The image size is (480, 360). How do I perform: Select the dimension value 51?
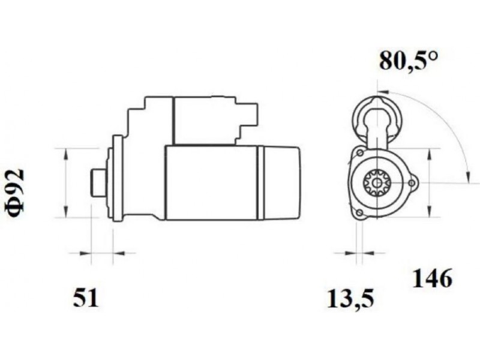(86, 298)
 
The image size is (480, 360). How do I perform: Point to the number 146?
(432, 278)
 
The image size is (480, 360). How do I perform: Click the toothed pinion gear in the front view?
(377, 183)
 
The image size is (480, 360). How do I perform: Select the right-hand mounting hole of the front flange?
(412, 183)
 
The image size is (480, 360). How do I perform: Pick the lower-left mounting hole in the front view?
(360, 213)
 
